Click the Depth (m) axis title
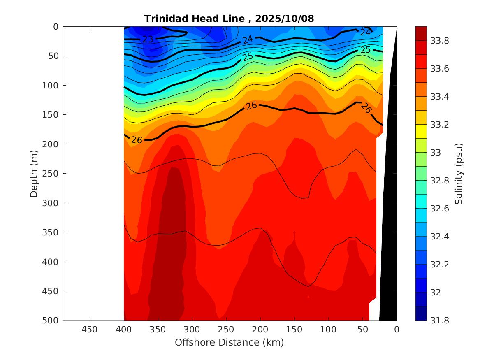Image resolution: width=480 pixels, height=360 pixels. (x=35, y=173)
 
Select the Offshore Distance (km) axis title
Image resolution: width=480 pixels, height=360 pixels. (x=229, y=342)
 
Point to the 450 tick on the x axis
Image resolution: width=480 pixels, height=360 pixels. (x=90, y=330)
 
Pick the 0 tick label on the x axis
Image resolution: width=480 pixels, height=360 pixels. (x=397, y=330)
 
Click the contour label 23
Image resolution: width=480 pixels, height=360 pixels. (x=148, y=39)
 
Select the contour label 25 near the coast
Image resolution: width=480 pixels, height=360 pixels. (x=365, y=50)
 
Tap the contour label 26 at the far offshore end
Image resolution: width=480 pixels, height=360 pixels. (x=137, y=140)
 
